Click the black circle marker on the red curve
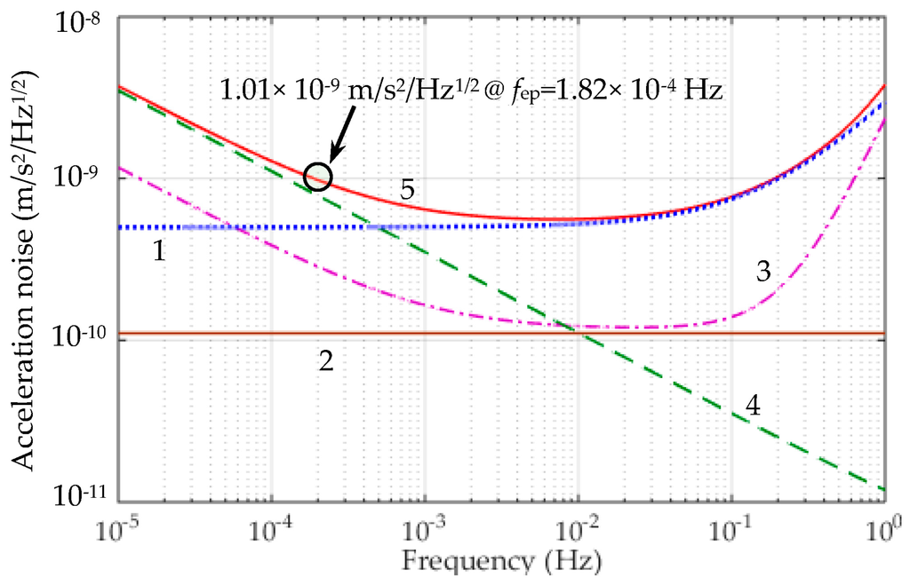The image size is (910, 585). pyautogui.click(x=317, y=177)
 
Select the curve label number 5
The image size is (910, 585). pyautogui.click(x=406, y=189)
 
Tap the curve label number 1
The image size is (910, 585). pyautogui.click(x=158, y=252)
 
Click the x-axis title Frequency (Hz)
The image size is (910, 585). pyautogui.click(x=500, y=561)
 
